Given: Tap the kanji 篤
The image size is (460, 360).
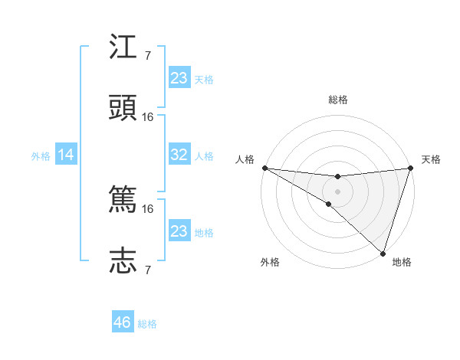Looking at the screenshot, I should tap(123, 200).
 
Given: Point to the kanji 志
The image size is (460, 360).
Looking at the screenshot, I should tap(123, 260).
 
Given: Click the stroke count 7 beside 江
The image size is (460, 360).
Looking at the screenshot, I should tap(148, 55).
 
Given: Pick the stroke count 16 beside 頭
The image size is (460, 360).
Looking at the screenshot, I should tap(148, 116).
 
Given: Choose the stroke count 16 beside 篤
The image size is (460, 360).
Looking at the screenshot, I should tap(148, 208).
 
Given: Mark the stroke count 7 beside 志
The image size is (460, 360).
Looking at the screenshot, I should tap(148, 270).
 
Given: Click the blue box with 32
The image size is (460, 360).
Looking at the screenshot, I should tap(179, 155).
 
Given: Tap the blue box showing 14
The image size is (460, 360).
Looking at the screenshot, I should tap(66, 155).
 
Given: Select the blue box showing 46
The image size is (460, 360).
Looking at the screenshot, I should tap(123, 322).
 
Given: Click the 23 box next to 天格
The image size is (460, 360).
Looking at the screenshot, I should tap(179, 78).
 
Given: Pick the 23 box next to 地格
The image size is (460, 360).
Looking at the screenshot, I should tap(179, 231).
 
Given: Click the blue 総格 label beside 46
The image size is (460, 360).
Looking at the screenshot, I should tap(147, 324).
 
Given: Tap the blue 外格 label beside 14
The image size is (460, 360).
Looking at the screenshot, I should tap(41, 156).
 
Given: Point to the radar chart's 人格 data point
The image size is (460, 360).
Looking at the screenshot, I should tap(264, 168).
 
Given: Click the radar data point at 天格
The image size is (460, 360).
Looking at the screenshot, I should tap(410, 168).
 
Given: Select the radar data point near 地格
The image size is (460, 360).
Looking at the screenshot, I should tap(383, 253).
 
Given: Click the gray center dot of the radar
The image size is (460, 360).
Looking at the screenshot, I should tap(337, 191).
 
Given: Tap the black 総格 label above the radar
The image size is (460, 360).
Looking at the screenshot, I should tap(337, 100).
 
